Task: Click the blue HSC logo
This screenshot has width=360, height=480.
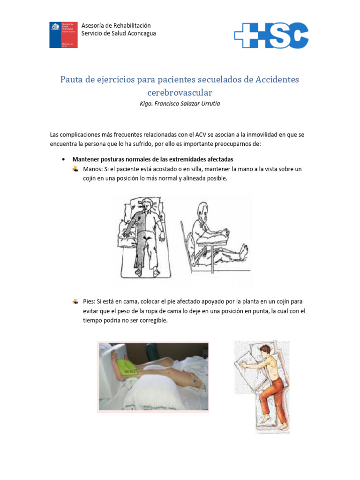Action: tap(271, 36)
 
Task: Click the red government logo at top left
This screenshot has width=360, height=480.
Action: tap(64, 34)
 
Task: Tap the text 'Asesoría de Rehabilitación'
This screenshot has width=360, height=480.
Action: tap(116, 25)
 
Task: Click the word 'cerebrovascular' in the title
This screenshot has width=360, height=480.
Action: tap(180, 92)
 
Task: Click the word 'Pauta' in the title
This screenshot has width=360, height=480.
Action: tap(71, 79)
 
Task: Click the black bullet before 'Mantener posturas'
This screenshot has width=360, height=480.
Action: tap(63, 159)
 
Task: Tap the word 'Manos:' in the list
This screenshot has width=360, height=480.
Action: tap(92, 169)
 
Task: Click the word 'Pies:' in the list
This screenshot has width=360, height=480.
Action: tap(89, 301)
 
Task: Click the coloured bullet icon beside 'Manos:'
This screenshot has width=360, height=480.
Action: tap(75, 169)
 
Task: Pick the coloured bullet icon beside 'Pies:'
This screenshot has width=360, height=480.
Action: tap(75, 301)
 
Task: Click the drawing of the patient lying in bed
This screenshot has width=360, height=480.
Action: tap(144, 239)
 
